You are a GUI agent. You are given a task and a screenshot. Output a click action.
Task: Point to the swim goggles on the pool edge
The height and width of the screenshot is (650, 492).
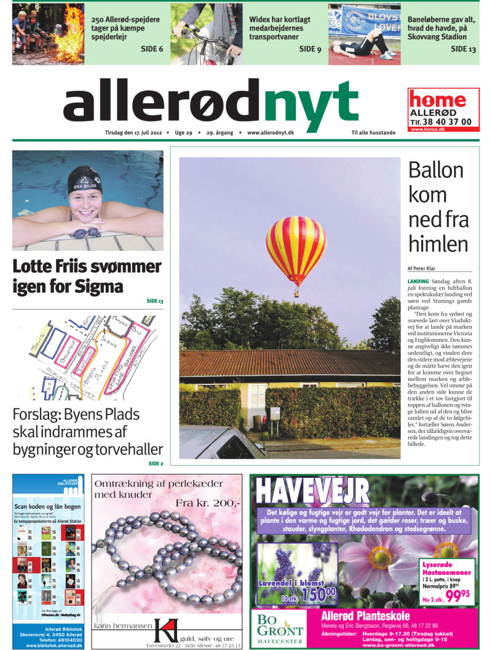pos(85,233)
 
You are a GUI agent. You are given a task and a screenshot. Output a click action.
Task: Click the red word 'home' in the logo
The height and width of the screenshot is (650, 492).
pos(438,100)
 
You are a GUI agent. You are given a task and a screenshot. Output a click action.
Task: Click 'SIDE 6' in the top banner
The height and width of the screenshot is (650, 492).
pos(151,49)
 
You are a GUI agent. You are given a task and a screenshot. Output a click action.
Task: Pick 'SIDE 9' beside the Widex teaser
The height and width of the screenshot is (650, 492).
pos(310,49)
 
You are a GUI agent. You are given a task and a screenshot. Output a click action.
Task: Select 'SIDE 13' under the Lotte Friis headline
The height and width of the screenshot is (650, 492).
pos(155,301)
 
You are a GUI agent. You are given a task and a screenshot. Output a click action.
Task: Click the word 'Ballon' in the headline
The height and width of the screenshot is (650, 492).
pos(436,170)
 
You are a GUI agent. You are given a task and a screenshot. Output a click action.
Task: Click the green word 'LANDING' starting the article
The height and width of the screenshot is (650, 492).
pos(419,281)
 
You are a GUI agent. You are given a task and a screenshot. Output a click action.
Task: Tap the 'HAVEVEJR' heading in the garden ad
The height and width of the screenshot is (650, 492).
pos(312,491)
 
